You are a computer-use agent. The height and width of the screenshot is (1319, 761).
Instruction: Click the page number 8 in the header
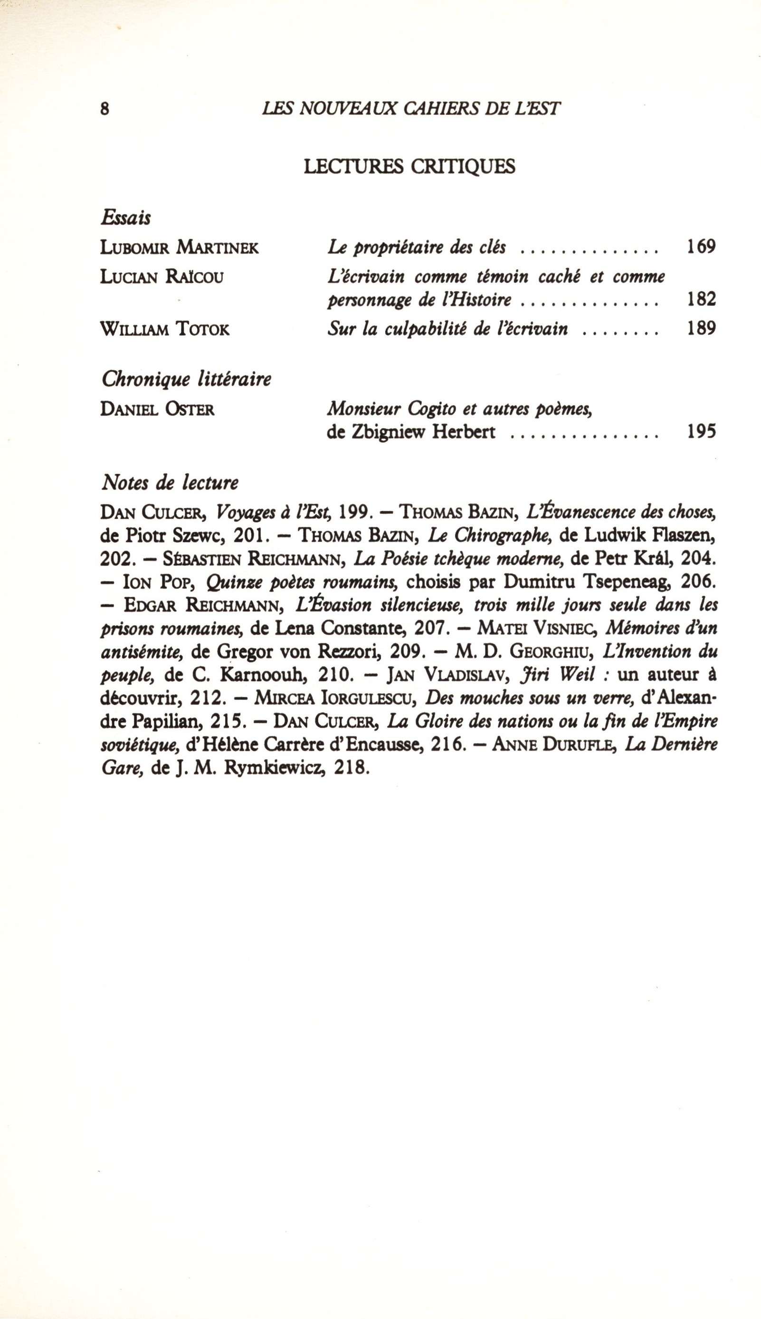[x=105, y=109]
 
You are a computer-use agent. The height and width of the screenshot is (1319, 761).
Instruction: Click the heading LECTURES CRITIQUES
[x=409, y=166]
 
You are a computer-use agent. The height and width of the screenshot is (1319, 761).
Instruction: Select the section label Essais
[x=126, y=217]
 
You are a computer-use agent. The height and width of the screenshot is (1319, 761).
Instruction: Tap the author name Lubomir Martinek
[x=179, y=247]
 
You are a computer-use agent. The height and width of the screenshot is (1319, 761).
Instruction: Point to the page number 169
[x=700, y=246]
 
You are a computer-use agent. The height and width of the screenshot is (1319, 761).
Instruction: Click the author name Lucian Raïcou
[x=162, y=276]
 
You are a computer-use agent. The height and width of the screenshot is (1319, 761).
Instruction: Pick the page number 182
[x=700, y=299]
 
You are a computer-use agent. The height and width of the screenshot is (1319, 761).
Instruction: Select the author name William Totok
[x=165, y=329]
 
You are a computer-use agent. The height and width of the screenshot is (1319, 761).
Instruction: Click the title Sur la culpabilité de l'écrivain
[x=447, y=329]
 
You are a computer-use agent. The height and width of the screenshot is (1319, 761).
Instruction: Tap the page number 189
[x=700, y=329]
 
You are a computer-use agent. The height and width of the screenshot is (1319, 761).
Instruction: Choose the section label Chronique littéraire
[x=187, y=379]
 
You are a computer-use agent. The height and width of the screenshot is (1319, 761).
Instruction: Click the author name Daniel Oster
[x=157, y=409]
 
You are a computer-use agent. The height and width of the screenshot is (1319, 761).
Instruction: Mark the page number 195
[x=700, y=433]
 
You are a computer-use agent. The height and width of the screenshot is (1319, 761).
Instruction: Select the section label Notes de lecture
[x=170, y=483]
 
